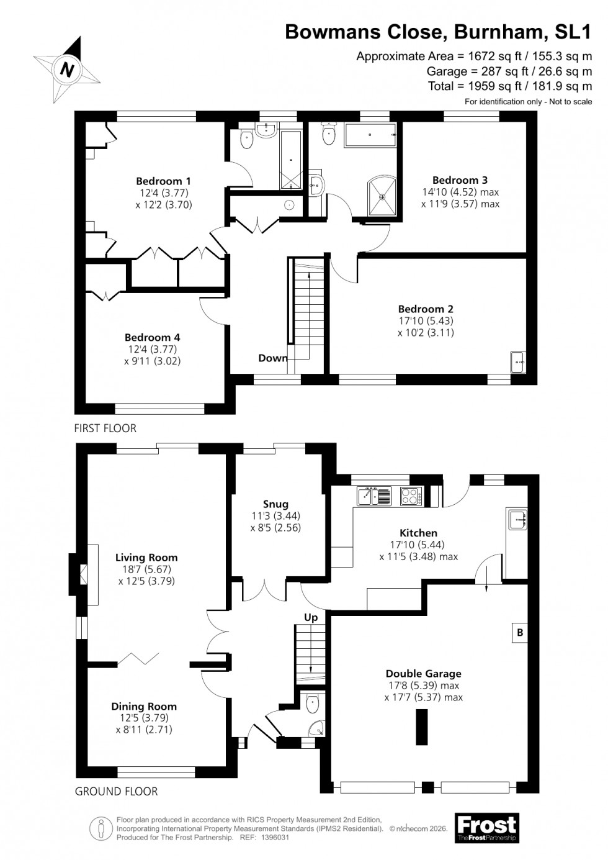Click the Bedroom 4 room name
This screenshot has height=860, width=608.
tap(153, 337)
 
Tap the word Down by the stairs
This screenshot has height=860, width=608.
tap(272, 358)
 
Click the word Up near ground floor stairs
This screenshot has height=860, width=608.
tap(311, 617)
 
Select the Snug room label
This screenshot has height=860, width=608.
tap(275, 504)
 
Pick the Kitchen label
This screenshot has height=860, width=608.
tap(419, 533)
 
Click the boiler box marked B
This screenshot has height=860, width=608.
tap(520, 633)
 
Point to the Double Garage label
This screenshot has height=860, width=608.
tap(424, 673)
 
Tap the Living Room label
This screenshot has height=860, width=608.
tap(146, 558)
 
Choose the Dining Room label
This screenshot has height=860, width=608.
tap(144, 706)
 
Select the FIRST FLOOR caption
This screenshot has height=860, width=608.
tap(105, 428)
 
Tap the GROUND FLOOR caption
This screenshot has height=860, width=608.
tap(116, 791)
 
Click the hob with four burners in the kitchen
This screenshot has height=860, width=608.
tap(410, 496)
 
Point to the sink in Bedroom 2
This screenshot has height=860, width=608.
tap(517, 361)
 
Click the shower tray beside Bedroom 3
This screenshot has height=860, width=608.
tap(383, 196)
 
